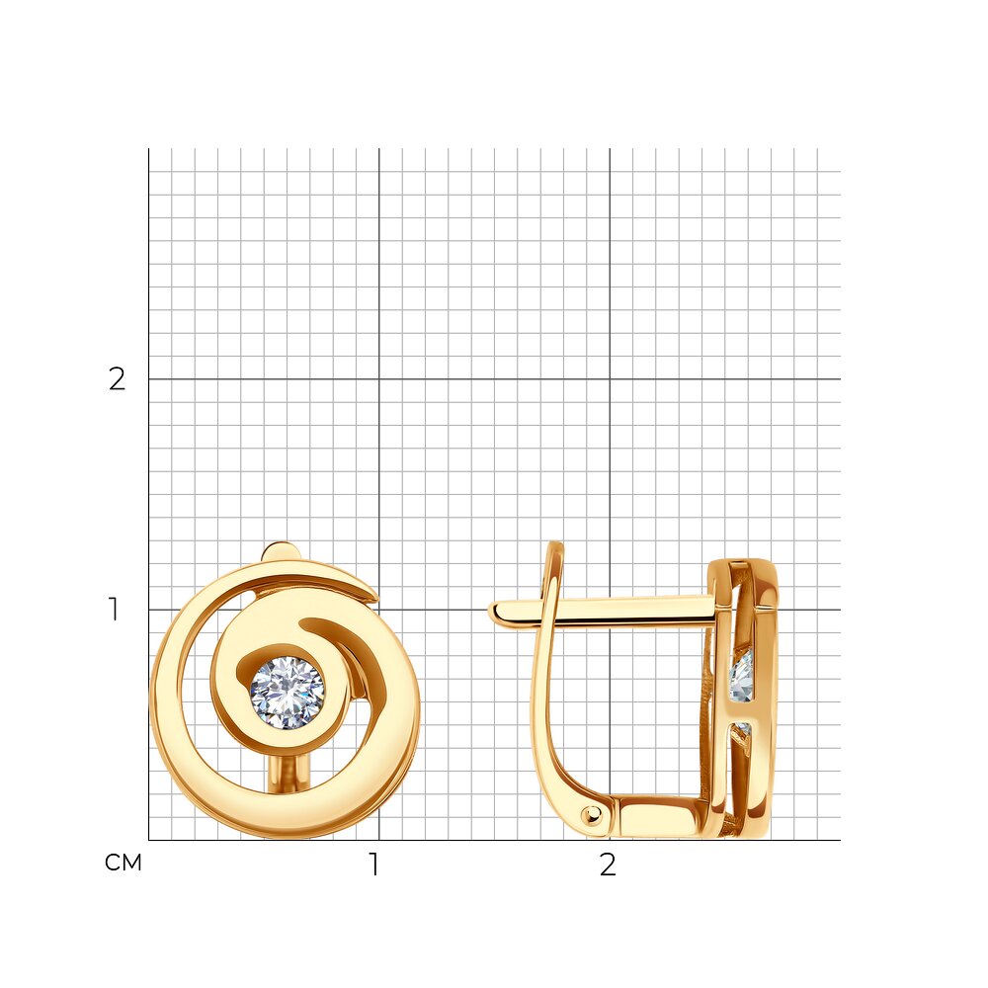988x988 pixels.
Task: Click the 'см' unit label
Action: click(x=123, y=863)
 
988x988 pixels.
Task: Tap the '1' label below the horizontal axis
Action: click(x=374, y=864)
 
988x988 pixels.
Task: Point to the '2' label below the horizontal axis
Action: click(x=608, y=865)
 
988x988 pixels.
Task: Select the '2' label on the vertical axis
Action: click(x=118, y=378)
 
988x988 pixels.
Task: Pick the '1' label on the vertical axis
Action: click(x=114, y=610)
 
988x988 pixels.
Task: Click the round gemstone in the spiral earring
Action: click(x=288, y=693)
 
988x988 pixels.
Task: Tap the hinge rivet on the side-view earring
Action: click(x=591, y=816)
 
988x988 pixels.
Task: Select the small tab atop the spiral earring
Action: click(x=281, y=551)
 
